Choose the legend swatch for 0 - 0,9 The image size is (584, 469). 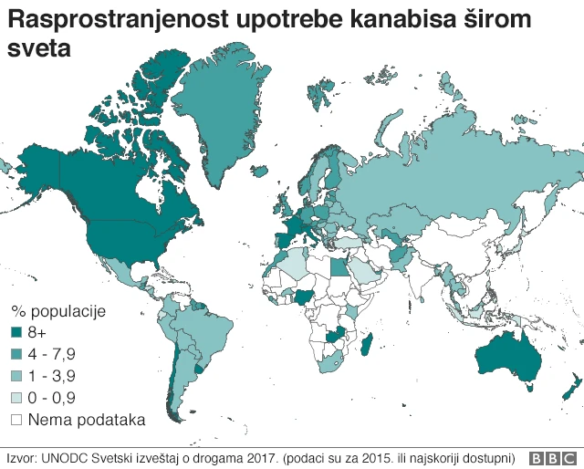[16, 399]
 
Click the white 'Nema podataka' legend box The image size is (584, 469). [16, 421]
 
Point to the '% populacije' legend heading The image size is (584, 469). [58, 311]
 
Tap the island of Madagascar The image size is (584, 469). [369, 345]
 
